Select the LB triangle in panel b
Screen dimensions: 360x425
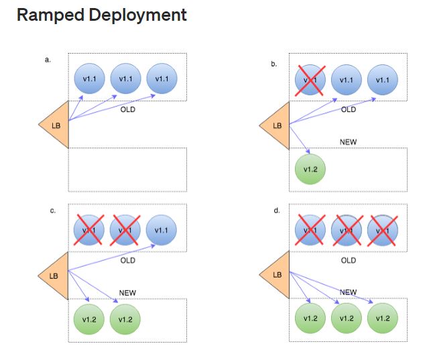pos(277,125)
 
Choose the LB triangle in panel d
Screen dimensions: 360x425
pos(277,275)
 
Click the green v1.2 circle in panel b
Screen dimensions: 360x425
pos(310,169)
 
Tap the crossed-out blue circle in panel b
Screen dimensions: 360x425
pos(310,80)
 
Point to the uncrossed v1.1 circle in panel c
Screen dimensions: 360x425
pos(161,229)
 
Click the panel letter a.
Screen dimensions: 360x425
pos(48,60)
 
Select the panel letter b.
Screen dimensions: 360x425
pos(274,64)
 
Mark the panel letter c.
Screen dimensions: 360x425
pos(52,211)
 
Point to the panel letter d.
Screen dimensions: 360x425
pos(277,211)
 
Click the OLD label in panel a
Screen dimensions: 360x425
pos(127,109)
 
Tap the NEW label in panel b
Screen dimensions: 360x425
pos(348,142)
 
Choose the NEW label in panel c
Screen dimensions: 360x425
pos(127,292)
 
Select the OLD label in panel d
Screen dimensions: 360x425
pos(348,260)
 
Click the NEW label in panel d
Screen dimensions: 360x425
pos(348,292)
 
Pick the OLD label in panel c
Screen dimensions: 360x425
pos(127,260)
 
